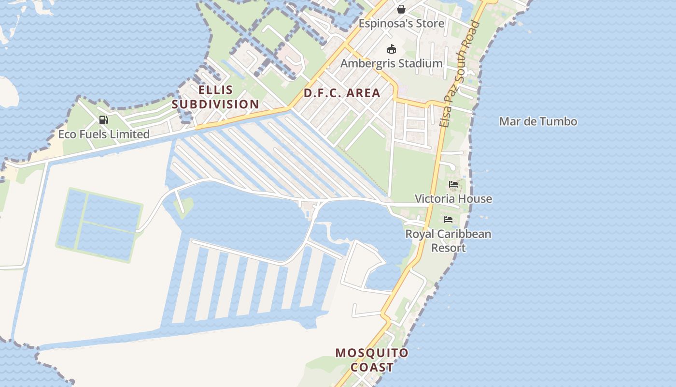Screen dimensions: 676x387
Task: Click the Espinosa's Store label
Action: (x=401, y=23)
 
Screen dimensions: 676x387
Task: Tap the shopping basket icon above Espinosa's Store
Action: (x=401, y=9)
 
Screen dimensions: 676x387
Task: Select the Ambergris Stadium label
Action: (x=391, y=63)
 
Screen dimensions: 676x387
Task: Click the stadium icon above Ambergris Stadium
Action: (x=392, y=49)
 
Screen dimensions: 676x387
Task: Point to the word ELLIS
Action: (x=215, y=90)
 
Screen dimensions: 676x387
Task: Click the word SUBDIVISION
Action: (x=215, y=104)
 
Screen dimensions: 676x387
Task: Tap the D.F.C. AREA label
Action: (x=342, y=93)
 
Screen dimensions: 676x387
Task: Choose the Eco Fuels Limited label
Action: (x=104, y=134)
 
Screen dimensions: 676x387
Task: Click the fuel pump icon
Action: (x=103, y=120)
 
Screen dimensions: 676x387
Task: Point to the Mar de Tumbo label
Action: (x=538, y=121)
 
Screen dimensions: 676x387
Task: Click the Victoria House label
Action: (x=453, y=199)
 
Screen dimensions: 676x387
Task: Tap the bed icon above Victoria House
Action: (x=453, y=184)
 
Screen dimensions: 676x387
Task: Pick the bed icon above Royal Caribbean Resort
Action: (x=448, y=220)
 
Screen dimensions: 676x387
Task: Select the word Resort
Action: (x=448, y=248)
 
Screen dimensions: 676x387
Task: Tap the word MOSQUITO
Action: (x=372, y=353)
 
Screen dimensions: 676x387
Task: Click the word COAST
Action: (x=372, y=368)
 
